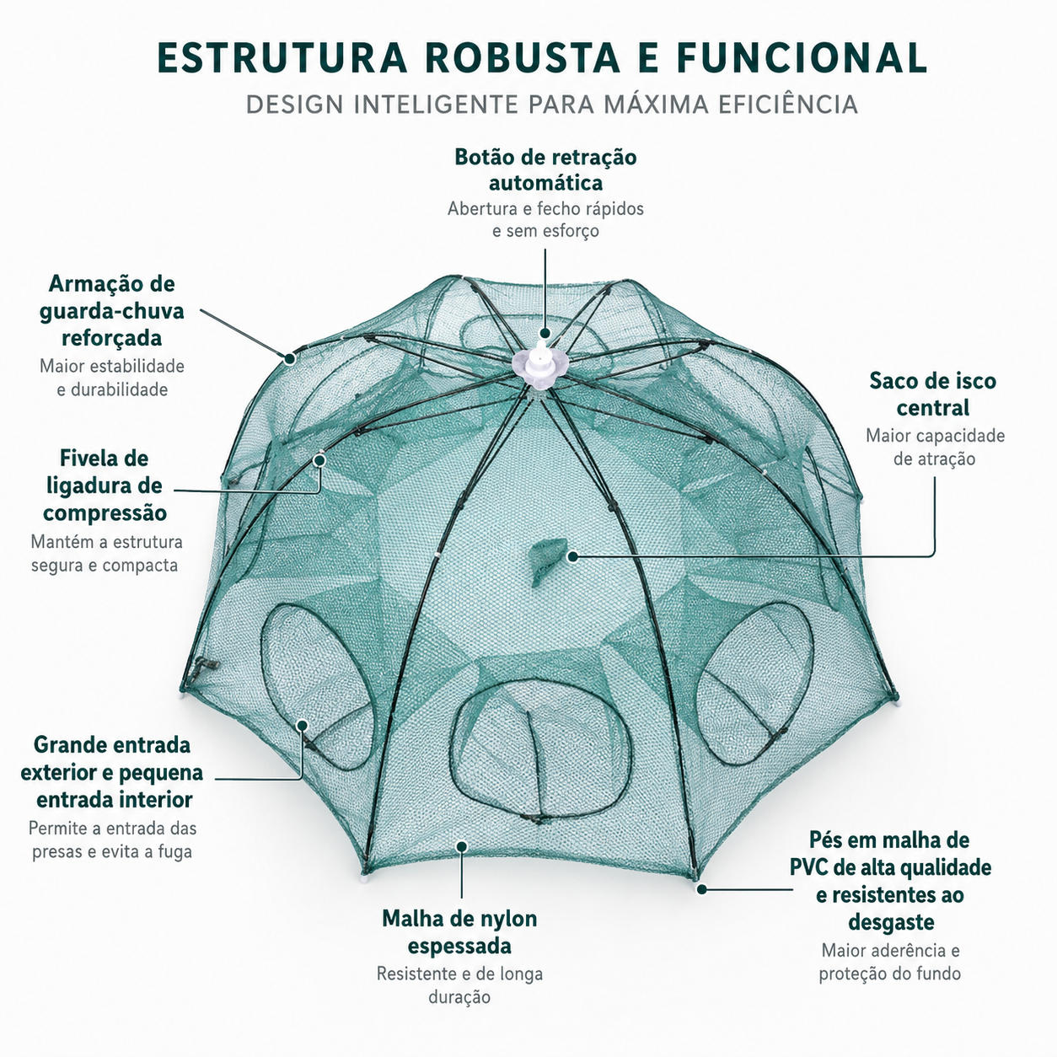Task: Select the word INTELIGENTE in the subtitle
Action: click(x=436, y=105)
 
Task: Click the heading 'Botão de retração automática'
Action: click(x=545, y=170)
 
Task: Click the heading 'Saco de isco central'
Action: click(x=932, y=394)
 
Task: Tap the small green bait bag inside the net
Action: click(x=548, y=561)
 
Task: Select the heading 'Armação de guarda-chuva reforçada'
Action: click(x=111, y=311)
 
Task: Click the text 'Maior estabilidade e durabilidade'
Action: click(x=112, y=378)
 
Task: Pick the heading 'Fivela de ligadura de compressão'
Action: click(x=105, y=486)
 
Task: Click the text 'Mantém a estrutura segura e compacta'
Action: click(x=106, y=554)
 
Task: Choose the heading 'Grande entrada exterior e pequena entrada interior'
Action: click(x=112, y=772)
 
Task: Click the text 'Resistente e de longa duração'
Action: click(x=459, y=985)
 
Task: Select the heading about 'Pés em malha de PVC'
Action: click(x=890, y=881)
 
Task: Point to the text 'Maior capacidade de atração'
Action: click(x=935, y=447)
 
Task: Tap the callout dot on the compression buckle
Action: click(x=320, y=460)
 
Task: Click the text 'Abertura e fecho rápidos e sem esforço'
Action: click(x=545, y=219)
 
